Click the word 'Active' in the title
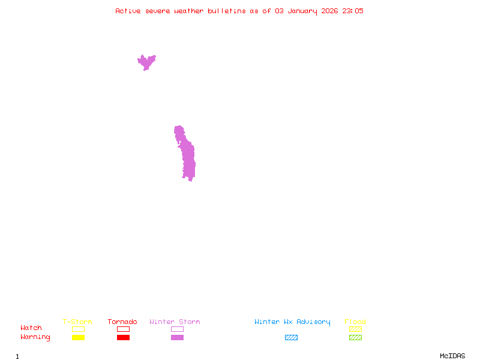(128, 11)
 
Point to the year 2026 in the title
(329, 11)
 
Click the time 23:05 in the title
(353, 11)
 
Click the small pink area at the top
(146, 61)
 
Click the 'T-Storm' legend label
(77, 322)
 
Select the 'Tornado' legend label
(122, 322)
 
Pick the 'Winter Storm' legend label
(175, 322)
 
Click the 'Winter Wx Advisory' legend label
(292, 322)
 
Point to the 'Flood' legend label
(355, 322)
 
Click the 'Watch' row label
(31, 328)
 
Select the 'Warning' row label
(35, 337)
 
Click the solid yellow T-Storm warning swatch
(78, 337)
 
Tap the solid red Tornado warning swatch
(123, 337)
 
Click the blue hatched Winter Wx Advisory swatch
(291, 337)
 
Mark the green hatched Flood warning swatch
(355, 337)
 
